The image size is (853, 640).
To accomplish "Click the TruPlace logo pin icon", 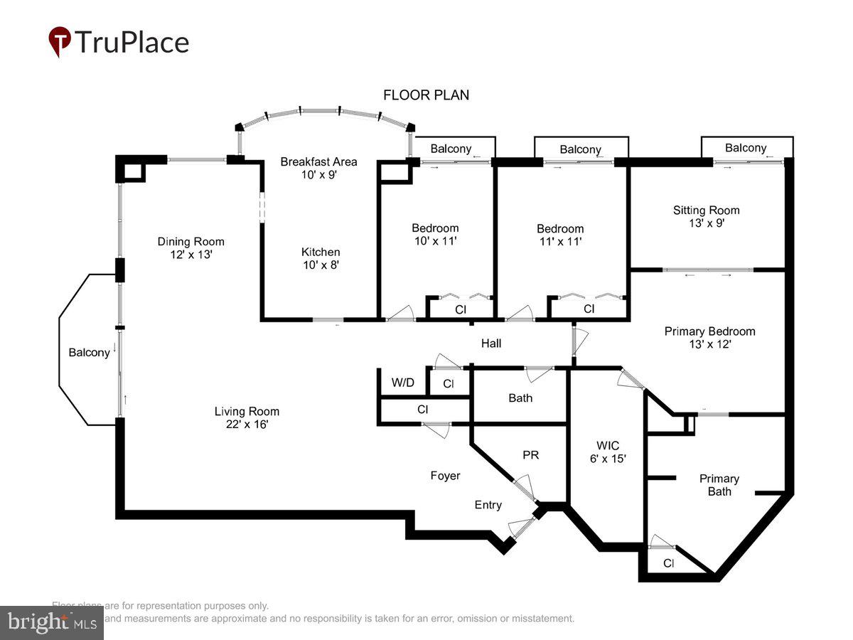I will [60, 41].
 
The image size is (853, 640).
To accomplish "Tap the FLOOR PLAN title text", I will [426, 95].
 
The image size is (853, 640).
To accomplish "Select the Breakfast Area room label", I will [318, 168].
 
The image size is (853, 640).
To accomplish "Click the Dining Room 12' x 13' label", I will [191, 247].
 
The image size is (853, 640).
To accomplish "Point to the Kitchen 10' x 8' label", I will [321, 258].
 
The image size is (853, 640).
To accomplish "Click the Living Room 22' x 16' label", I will [247, 417].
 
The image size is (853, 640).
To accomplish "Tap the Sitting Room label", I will [706, 216].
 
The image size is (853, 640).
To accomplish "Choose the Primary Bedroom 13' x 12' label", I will [709, 337].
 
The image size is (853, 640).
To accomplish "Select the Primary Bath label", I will [719, 485].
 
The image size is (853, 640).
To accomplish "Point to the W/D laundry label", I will [402, 383].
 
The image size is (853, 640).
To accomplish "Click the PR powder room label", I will [531, 455].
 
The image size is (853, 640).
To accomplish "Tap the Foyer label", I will [445, 476].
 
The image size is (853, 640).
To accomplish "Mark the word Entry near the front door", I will [488, 505].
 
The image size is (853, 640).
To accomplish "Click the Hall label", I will [491, 343].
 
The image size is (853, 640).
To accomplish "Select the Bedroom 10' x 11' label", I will [435, 234].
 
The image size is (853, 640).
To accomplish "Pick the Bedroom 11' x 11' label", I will [560, 235].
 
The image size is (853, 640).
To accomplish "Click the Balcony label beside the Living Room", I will [89, 353].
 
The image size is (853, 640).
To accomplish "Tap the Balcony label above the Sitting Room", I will [746, 148].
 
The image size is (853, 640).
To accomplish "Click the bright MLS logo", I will [51, 622].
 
